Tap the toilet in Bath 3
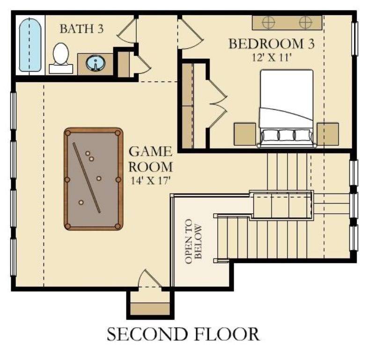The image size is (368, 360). coord(61,57)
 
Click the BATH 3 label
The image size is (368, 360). coord(81,29)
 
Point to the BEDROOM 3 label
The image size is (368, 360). coord(271,45)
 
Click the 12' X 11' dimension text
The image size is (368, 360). coord(270,58)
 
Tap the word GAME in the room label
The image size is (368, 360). coord(150,152)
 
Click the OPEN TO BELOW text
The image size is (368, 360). coord(195,241)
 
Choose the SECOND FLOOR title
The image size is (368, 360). coord(183,334)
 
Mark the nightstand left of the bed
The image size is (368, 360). coord(244,134)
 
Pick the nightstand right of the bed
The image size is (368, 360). coord(327,134)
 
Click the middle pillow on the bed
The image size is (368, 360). coord(286,135)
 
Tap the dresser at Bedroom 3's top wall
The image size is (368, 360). coord(287,22)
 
